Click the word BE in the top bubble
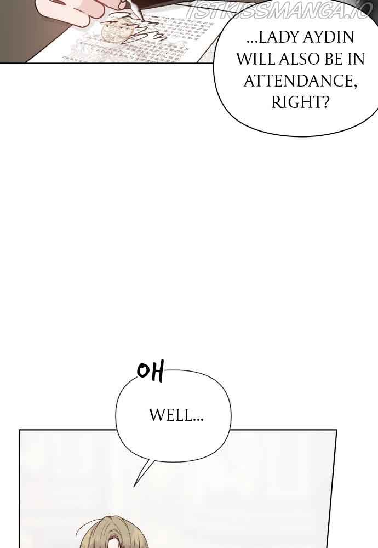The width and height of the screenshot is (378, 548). (336, 59)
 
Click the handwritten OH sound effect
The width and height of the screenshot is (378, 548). (150, 372)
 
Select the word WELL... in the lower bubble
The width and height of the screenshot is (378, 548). (176, 415)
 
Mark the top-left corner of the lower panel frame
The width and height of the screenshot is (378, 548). (20, 430)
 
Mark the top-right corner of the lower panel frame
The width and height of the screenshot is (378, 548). (336, 430)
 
